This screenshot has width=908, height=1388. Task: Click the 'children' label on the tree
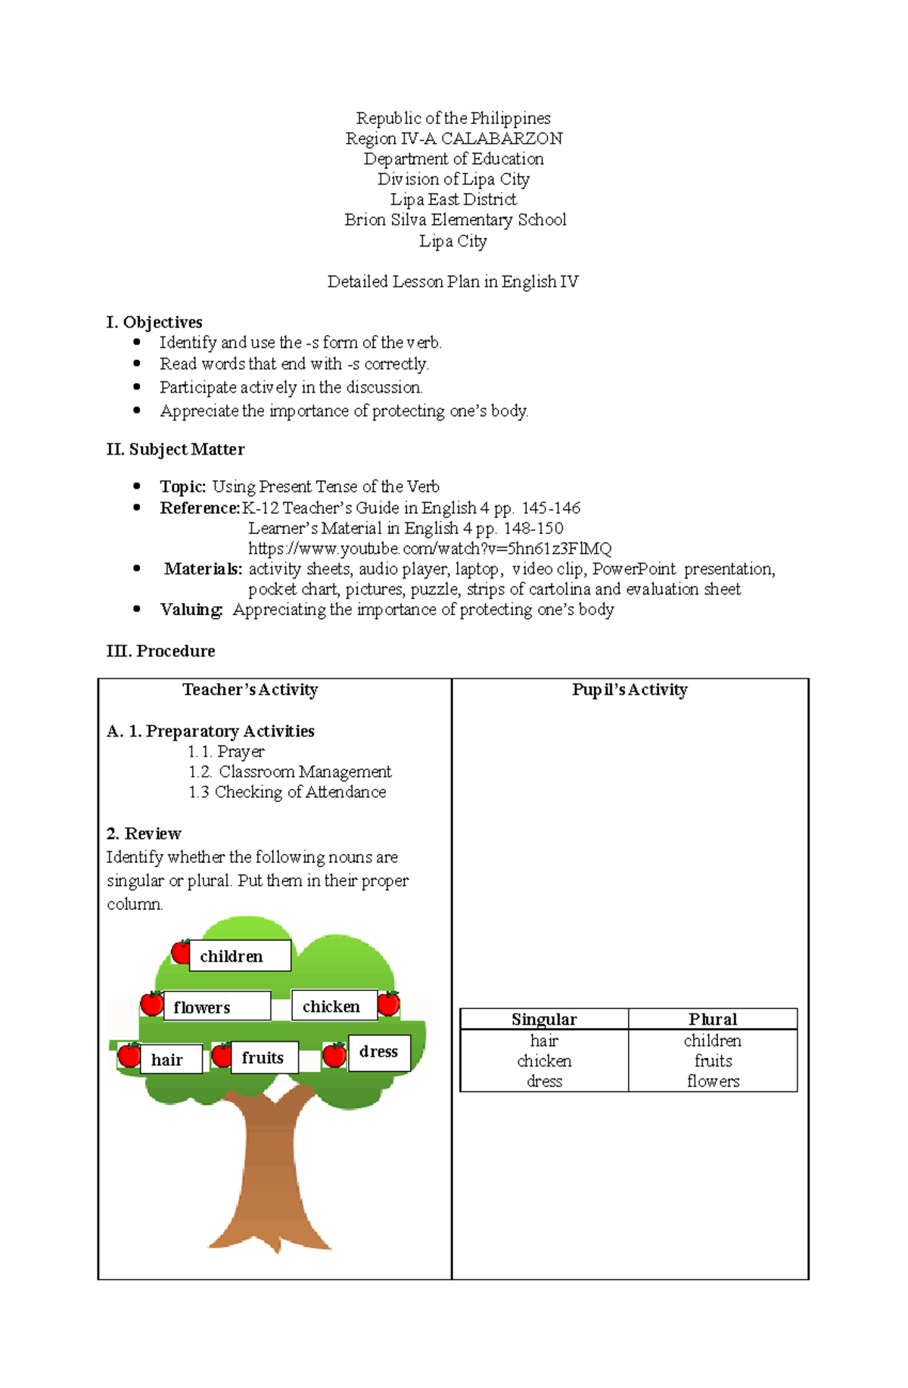click(x=239, y=956)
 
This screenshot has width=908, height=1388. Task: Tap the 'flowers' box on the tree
click(x=216, y=1007)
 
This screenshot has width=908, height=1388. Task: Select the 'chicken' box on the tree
click(x=334, y=1006)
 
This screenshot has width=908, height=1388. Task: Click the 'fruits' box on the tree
click(x=265, y=1057)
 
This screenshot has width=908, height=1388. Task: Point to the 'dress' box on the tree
click(x=379, y=1052)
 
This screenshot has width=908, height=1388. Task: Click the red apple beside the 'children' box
click(x=181, y=952)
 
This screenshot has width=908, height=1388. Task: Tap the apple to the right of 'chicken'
click(x=388, y=1004)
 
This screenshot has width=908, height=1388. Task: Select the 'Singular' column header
click(x=544, y=1019)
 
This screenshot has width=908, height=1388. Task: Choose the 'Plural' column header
click(x=713, y=1019)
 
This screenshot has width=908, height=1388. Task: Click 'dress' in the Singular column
click(x=544, y=1082)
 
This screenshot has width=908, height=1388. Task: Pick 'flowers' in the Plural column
click(x=713, y=1082)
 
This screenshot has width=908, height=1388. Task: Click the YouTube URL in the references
click(x=429, y=548)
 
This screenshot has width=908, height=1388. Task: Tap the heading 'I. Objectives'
click(x=154, y=322)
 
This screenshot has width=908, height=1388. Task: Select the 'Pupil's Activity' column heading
click(x=630, y=690)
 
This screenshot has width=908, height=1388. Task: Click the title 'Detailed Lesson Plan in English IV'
click(x=452, y=281)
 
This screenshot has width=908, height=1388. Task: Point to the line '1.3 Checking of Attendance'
click(x=288, y=792)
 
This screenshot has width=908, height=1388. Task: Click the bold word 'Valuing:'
click(x=191, y=610)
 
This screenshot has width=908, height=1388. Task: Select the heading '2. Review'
click(x=144, y=834)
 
